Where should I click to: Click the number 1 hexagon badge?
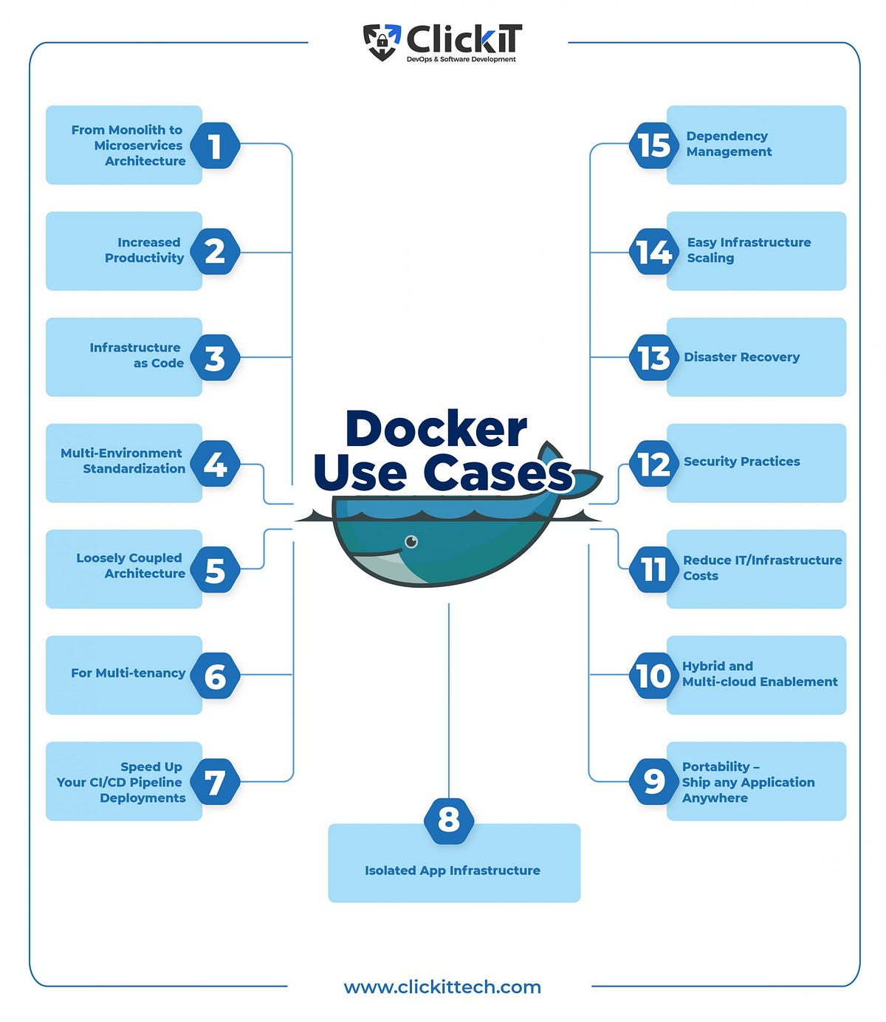pos(215,145)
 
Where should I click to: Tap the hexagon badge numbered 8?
pos(449,820)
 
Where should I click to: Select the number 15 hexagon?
pos(653,145)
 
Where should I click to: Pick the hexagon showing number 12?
pos(653,464)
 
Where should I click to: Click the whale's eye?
pos(411,542)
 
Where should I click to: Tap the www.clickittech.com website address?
pos(442,987)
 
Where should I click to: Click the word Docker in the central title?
pos(436,429)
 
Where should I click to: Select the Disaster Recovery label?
pos(741,357)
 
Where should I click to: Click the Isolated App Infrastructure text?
pos(452,871)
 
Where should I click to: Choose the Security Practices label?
pos(741,462)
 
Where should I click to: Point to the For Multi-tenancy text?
pos(128,673)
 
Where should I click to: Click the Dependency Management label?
pos(729,144)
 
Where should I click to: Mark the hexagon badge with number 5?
pos(215,570)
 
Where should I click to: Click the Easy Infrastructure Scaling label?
pos(748,250)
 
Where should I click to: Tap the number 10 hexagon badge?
pos(653,675)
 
